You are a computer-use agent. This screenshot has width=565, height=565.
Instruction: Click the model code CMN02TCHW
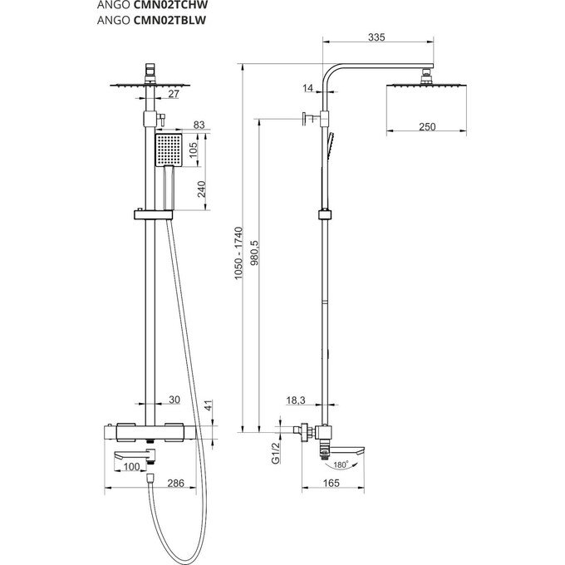coord(171,5)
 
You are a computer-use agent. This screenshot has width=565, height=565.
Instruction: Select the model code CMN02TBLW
coord(169,20)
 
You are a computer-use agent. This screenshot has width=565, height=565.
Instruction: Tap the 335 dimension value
coord(376,37)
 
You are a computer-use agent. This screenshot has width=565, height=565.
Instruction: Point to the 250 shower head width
coord(427,127)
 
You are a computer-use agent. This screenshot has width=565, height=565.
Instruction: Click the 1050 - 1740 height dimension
coord(238,253)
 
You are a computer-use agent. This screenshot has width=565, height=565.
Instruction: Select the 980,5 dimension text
coord(254,253)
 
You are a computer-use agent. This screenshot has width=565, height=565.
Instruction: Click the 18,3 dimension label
coord(296,400)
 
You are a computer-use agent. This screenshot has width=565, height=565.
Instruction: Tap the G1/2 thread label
coord(276,453)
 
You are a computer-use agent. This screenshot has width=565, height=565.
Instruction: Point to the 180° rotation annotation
coord(341,464)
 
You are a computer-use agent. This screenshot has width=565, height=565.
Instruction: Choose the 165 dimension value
coord(332,484)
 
